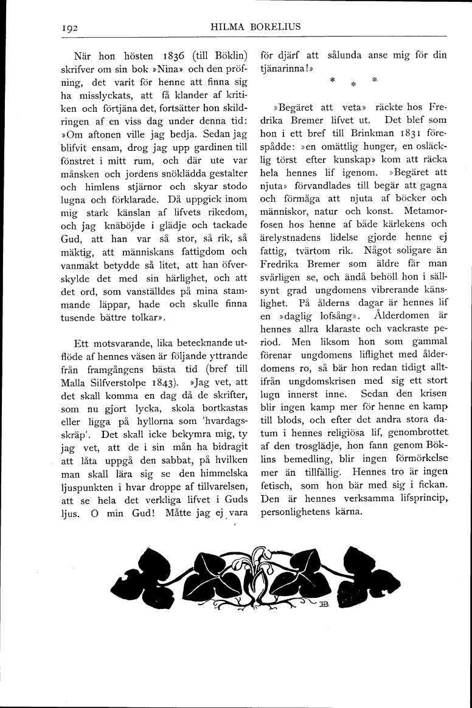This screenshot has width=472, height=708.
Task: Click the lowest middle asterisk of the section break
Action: click(x=352, y=84)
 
